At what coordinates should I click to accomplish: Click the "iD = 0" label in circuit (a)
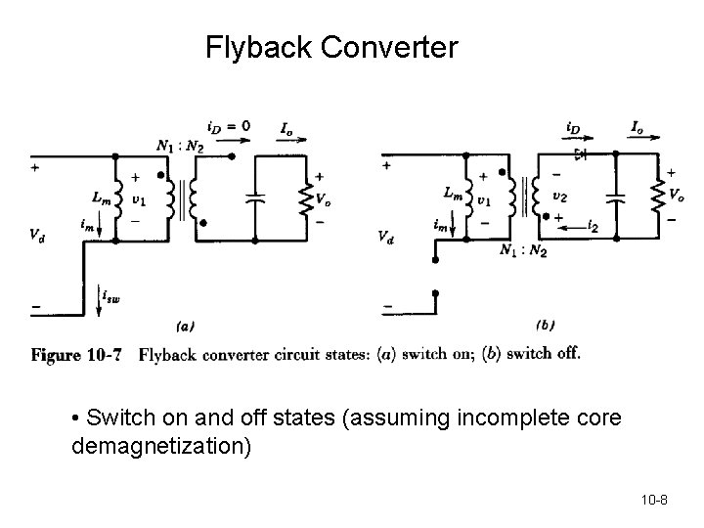pos(228,126)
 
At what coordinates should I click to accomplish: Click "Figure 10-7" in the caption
pos(75,355)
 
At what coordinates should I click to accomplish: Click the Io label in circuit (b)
pos(638,127)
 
